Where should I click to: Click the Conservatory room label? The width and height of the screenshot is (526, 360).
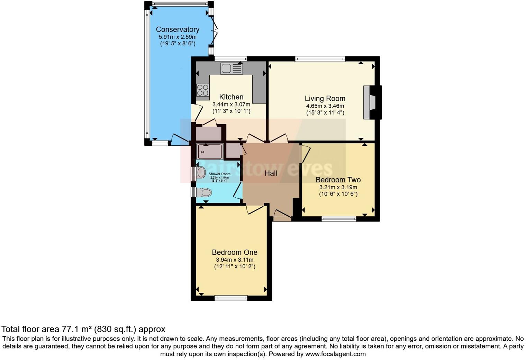177,29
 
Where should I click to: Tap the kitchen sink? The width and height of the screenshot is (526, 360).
231,69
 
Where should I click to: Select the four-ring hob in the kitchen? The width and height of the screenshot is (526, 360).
203,90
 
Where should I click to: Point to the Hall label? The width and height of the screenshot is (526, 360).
271,173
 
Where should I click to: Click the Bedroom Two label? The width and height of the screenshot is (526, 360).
338,180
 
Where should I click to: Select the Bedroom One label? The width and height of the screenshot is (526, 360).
234,252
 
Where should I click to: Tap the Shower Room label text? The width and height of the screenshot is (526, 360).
219,174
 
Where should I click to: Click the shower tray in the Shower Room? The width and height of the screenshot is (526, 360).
209,152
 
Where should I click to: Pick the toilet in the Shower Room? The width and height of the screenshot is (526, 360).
204,192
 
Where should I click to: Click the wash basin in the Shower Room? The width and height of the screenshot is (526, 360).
201,172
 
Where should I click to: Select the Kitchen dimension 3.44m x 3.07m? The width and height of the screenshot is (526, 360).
231,104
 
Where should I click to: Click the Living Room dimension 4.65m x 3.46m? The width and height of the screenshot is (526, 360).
325,106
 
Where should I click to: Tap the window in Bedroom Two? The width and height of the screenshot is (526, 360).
338,219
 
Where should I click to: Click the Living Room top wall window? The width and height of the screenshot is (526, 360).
320,59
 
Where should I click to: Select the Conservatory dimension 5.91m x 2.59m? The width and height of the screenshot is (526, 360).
177,37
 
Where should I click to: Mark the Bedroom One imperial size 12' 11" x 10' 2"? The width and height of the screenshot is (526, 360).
234,267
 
